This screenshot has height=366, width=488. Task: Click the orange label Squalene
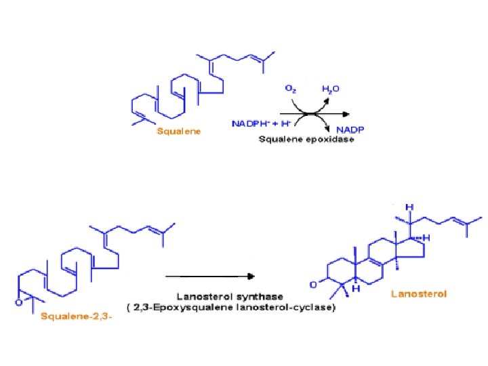coord(178,131)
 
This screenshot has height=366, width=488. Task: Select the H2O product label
coord(331,89)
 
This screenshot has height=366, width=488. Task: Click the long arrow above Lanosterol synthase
coord(210,277)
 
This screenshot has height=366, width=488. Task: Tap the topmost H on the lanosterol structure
coord(409,207)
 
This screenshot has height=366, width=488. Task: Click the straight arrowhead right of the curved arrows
coord(350,113)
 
